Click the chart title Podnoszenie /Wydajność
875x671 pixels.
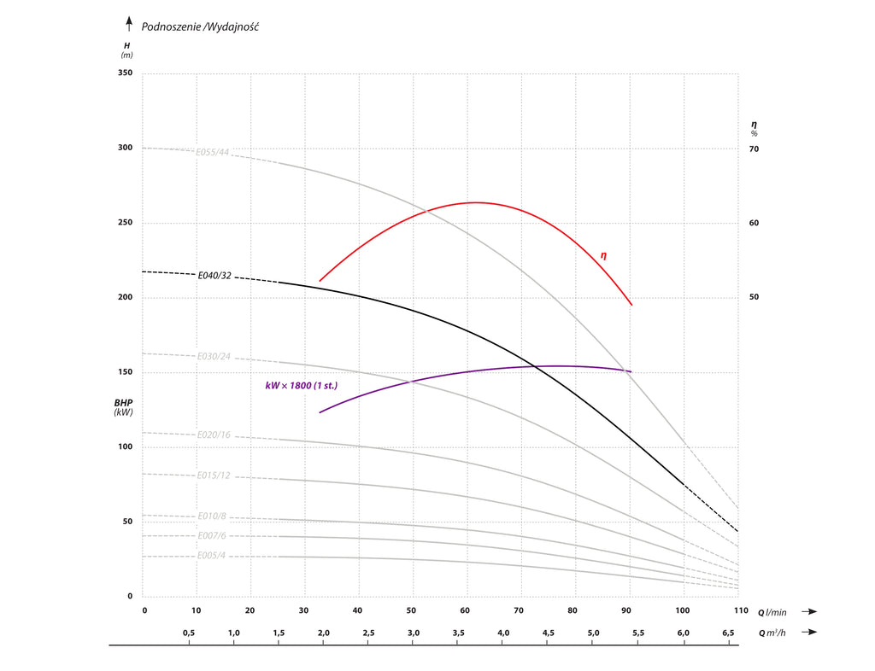pyautogui.click(x=200, y=26)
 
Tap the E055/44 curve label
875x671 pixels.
pyautogui.click(x=213, y=153)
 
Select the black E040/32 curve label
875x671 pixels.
pyautogui.click(x=214, y=276)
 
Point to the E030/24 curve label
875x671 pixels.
pyautogui.click(x=214, y=356)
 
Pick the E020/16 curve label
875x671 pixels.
pyautogui.click(x=214, y=435)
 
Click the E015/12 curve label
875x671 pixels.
pyautogui.click(x=214, y=476)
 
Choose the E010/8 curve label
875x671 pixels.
pyautogui.click(x=211, y=516)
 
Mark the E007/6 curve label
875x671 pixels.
pyautogui.click(x=211, y=536)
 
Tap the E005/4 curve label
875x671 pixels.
pyautogui.click(x=211, y=556)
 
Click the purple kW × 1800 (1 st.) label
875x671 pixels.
pyautogui.click(x=301, y=386)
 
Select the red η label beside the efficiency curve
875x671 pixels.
pyautogui.click(x=603, y=255)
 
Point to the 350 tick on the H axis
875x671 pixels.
pyautogui.click(x=125, y=73)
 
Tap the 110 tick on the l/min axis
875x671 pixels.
pyautogui.click(x=737, y=611)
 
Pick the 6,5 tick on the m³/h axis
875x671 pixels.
pyautogui.click(x=729, y=633)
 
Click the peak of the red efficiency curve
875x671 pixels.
pyautogui.click(x=475, y=202)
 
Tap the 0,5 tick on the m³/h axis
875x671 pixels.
pyautogui.click(x=190, y=633)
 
